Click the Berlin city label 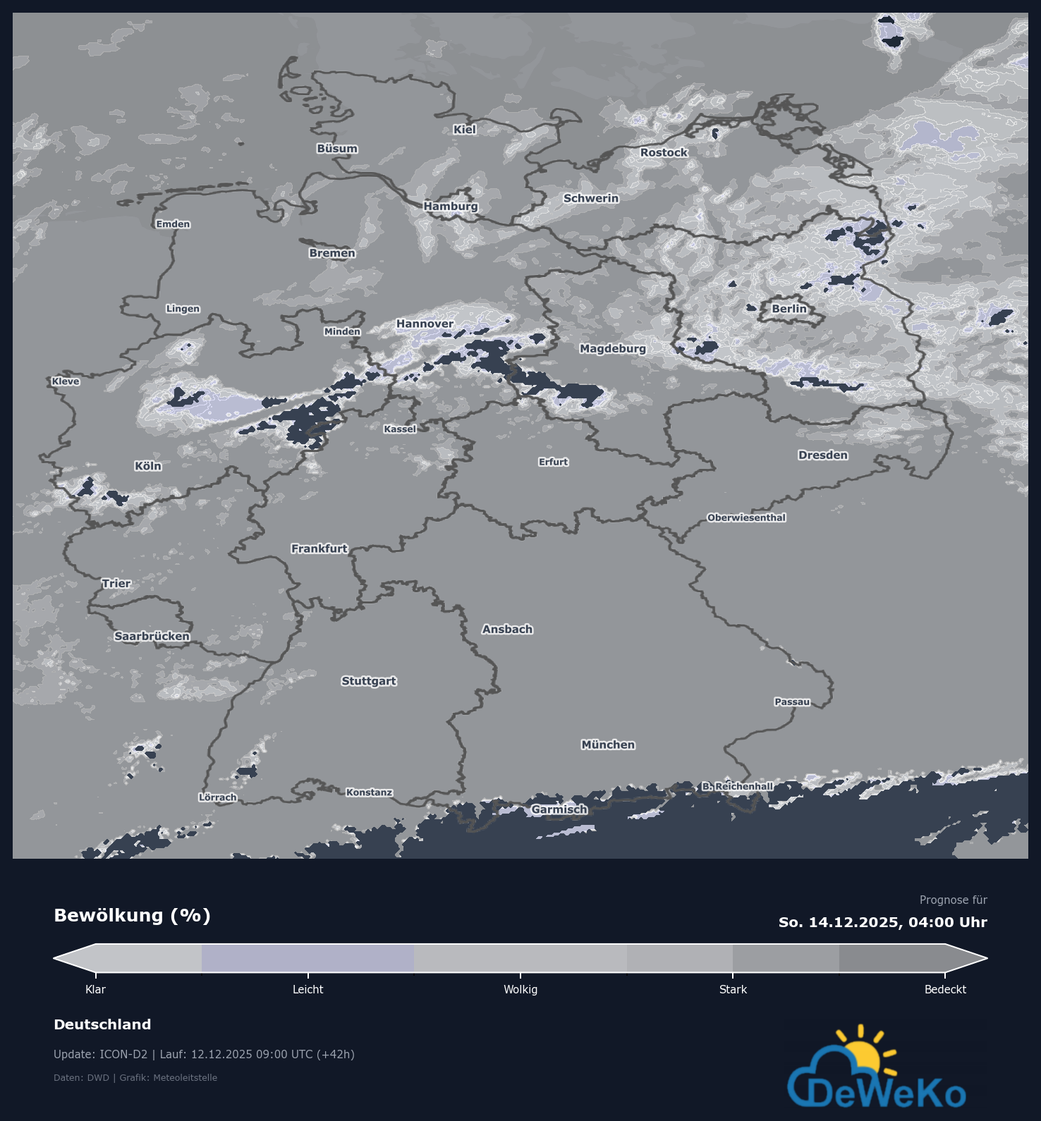click(x=789, y=309)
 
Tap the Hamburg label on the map click(x=451, y=207)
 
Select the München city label click(x=608, y=745)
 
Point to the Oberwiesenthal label click(x=746, y=517)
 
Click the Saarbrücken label click(x=152, y=637)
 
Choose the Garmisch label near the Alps click(x=559, y=809)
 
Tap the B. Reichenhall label click(x=737, y=786)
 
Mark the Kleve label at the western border click(x=66, y=381)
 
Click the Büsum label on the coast click(x=337, y=149)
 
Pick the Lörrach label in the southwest click(x=217, y=797)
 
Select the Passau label click(x=792, y=702)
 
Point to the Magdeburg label click(x=612, y=348)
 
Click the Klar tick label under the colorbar click(x=95, y=990)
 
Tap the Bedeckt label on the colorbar click(x=945, y=990)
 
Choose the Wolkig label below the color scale click(x=520, y=990)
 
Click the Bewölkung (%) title click(x=133, y=916)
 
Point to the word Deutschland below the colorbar click(x=102, y=1024)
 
